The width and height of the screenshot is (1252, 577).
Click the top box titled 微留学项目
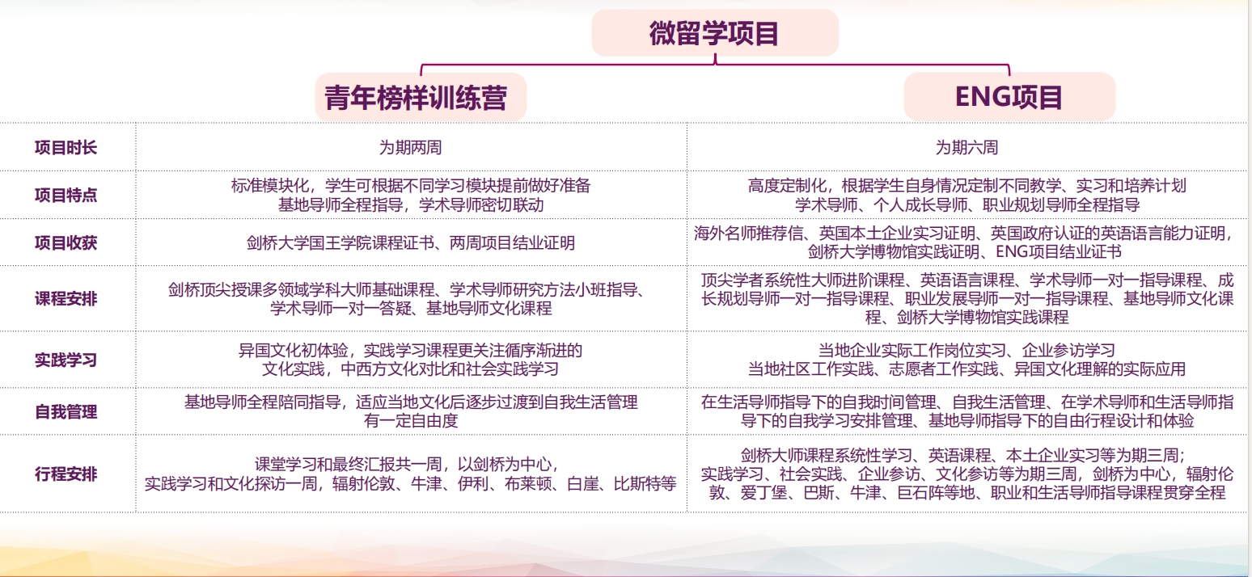[x=715, y=33]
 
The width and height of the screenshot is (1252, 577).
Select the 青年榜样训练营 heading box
[x=421, y=97]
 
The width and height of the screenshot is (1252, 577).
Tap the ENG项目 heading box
[x=1009, y=97]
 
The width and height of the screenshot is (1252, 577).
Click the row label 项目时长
[x=66, y=147]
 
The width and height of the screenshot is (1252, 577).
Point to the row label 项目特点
[x=66, y=195]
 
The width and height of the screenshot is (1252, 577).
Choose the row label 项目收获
[x=66, y=243]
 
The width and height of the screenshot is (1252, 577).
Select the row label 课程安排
[x=66, y=299]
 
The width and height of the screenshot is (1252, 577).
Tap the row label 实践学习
[x=66, y=360]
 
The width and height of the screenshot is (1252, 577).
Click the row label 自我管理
[x=66, y=412]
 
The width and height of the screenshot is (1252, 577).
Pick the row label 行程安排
[x=66, y=474]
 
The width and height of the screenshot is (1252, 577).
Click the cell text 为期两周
[x=411, y=147]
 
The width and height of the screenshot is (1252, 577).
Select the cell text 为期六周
[x=967, y=147]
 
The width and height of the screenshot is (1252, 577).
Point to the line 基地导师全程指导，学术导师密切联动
[x=411, y=205]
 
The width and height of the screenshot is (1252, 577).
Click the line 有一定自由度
[x=411, y=420]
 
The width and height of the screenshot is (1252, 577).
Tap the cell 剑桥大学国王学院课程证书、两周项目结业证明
[x=411, y=243]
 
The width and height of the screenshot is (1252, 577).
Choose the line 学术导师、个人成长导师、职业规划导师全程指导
[x=967, y=205]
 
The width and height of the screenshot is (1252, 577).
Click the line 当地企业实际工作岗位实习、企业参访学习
[x=967, y=350]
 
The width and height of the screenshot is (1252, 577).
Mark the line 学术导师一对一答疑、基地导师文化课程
[x=411, y=309]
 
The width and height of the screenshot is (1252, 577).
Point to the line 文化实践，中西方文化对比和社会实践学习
[x=411, y=369]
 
